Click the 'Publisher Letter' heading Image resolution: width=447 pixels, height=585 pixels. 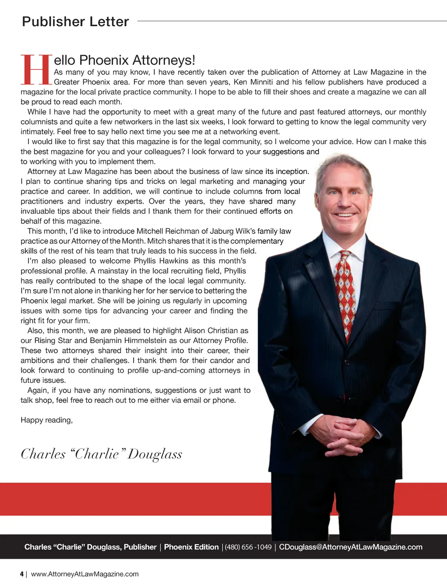pos(76,21)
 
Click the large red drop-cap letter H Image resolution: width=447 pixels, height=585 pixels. pos(37,69)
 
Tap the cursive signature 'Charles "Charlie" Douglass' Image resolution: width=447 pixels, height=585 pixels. pos(101,454)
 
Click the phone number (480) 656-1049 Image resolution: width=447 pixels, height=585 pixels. pos(248,547)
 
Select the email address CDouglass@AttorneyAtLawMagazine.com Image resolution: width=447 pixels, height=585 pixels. pos(351,547)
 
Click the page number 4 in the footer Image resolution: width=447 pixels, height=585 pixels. pos(22,574)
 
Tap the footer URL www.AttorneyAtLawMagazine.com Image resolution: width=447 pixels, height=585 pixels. pos(85,574)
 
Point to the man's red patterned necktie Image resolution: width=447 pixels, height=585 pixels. pos(346,293)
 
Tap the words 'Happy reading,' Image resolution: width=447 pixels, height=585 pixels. pos(47,420)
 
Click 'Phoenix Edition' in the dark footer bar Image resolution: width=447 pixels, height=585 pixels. pos(191,547)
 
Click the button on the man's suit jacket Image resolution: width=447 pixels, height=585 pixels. pos(347,362)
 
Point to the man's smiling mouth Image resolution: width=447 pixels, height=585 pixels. pos(345,215)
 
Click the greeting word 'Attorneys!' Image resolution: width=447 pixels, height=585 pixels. pos(164,60)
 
